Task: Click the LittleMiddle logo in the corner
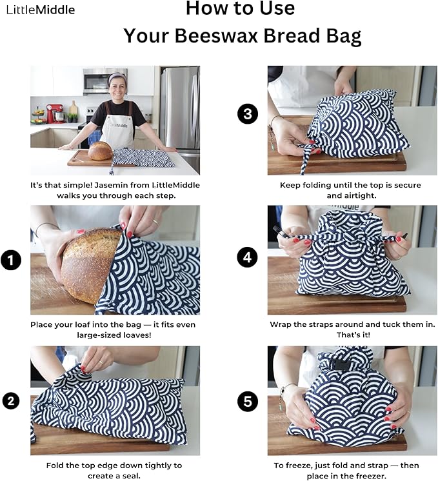pyautogui.click(x=40, y=10)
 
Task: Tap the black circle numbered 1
pyautogui.click(x=11, y=260)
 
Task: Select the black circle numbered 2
pyautogui.click(x=11, y=401)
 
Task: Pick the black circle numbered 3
pyautogui.click(x=248, y=115)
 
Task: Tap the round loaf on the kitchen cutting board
pyautogui.click(x=100, y=151)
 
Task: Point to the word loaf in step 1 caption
pyautogui.click(x=81, y=324)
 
